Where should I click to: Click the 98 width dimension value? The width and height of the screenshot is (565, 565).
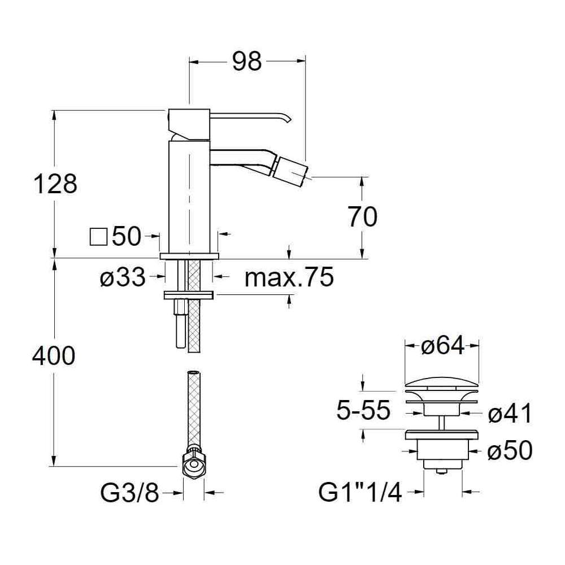(x=247, y=61)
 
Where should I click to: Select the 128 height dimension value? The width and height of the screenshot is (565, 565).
(x=55, y=184)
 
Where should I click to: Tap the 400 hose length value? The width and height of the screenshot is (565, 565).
(x=54, y=355)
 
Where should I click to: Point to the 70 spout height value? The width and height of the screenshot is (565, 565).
(x=363, y=216)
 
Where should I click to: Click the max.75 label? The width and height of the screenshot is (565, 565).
(x=289, y=277)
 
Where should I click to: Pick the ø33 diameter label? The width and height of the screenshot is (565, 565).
(x=123, y=278)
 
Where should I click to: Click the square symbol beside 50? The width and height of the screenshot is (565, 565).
(x=98, y=237)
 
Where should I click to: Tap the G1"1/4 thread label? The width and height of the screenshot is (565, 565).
(x=360, y=493)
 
